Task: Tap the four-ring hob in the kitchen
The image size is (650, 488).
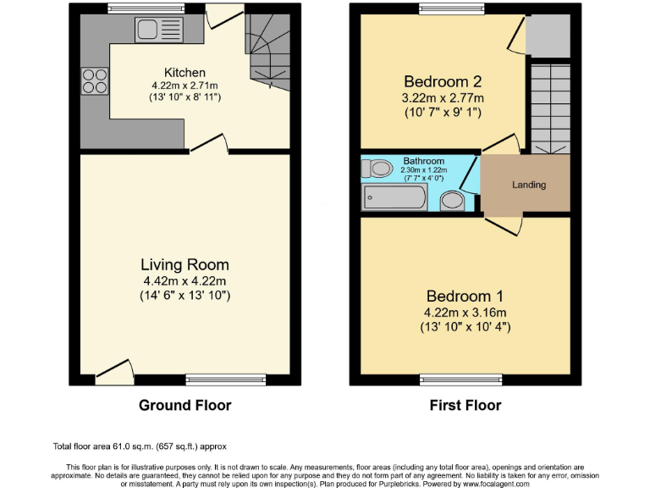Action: pos(94,80)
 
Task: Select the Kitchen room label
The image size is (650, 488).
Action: pos(185,73)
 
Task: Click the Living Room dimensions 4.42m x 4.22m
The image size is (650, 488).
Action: pos(185,281)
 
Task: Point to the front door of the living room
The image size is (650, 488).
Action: pos(114,372)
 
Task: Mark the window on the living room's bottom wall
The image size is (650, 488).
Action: pos(226,380)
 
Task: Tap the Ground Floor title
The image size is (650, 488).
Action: pos(185,406)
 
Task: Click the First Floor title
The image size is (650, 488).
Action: pos(465,406)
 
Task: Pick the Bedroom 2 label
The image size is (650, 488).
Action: pos(442,82)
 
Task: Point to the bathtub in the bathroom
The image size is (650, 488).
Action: pos(394,198)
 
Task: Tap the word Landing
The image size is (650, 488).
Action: pos(529,185)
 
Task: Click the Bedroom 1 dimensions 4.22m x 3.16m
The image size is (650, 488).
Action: pos(465,312)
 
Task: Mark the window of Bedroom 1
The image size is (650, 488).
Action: pos(461,379)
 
